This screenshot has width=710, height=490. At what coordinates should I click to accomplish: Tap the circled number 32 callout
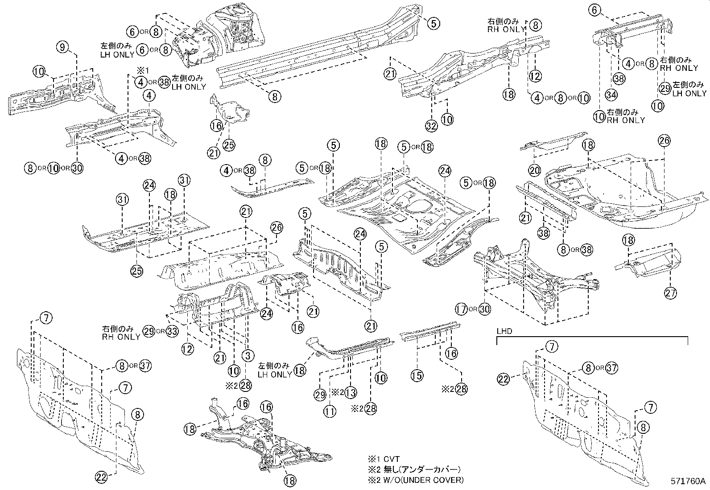(x=431, y=126)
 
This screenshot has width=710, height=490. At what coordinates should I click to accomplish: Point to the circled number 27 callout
(x=670, y=293)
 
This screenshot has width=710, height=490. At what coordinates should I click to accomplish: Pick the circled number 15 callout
(x=417, y=375)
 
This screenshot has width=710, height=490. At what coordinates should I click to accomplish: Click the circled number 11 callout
(x=330, y=412)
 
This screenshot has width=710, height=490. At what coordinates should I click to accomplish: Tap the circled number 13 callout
(x=351, y=392)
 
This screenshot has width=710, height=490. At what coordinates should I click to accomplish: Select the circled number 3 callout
(x=248, y=355)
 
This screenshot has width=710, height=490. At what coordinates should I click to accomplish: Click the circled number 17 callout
(x=462, y=309)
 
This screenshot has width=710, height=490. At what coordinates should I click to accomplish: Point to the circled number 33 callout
(x=173, y=331)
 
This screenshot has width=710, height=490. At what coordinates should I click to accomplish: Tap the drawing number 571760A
(x=688, y=482)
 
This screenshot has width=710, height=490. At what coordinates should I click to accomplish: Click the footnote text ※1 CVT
(x=383, y=459)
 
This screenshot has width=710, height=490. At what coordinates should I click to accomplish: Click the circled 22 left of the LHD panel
(x=504, y=379)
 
